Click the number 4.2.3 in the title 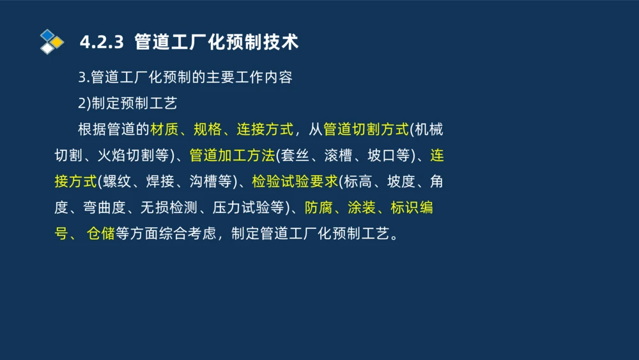[101, 43]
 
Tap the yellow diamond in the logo [58, 42]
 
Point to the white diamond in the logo [47, 48]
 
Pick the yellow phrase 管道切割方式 [366, 129]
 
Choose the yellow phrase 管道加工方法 [232, 155]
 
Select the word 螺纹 [116, 182]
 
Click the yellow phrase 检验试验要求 [295, 182]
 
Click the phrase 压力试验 [248, 208]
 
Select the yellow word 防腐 [319, 208]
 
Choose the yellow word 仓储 [100, 233]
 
